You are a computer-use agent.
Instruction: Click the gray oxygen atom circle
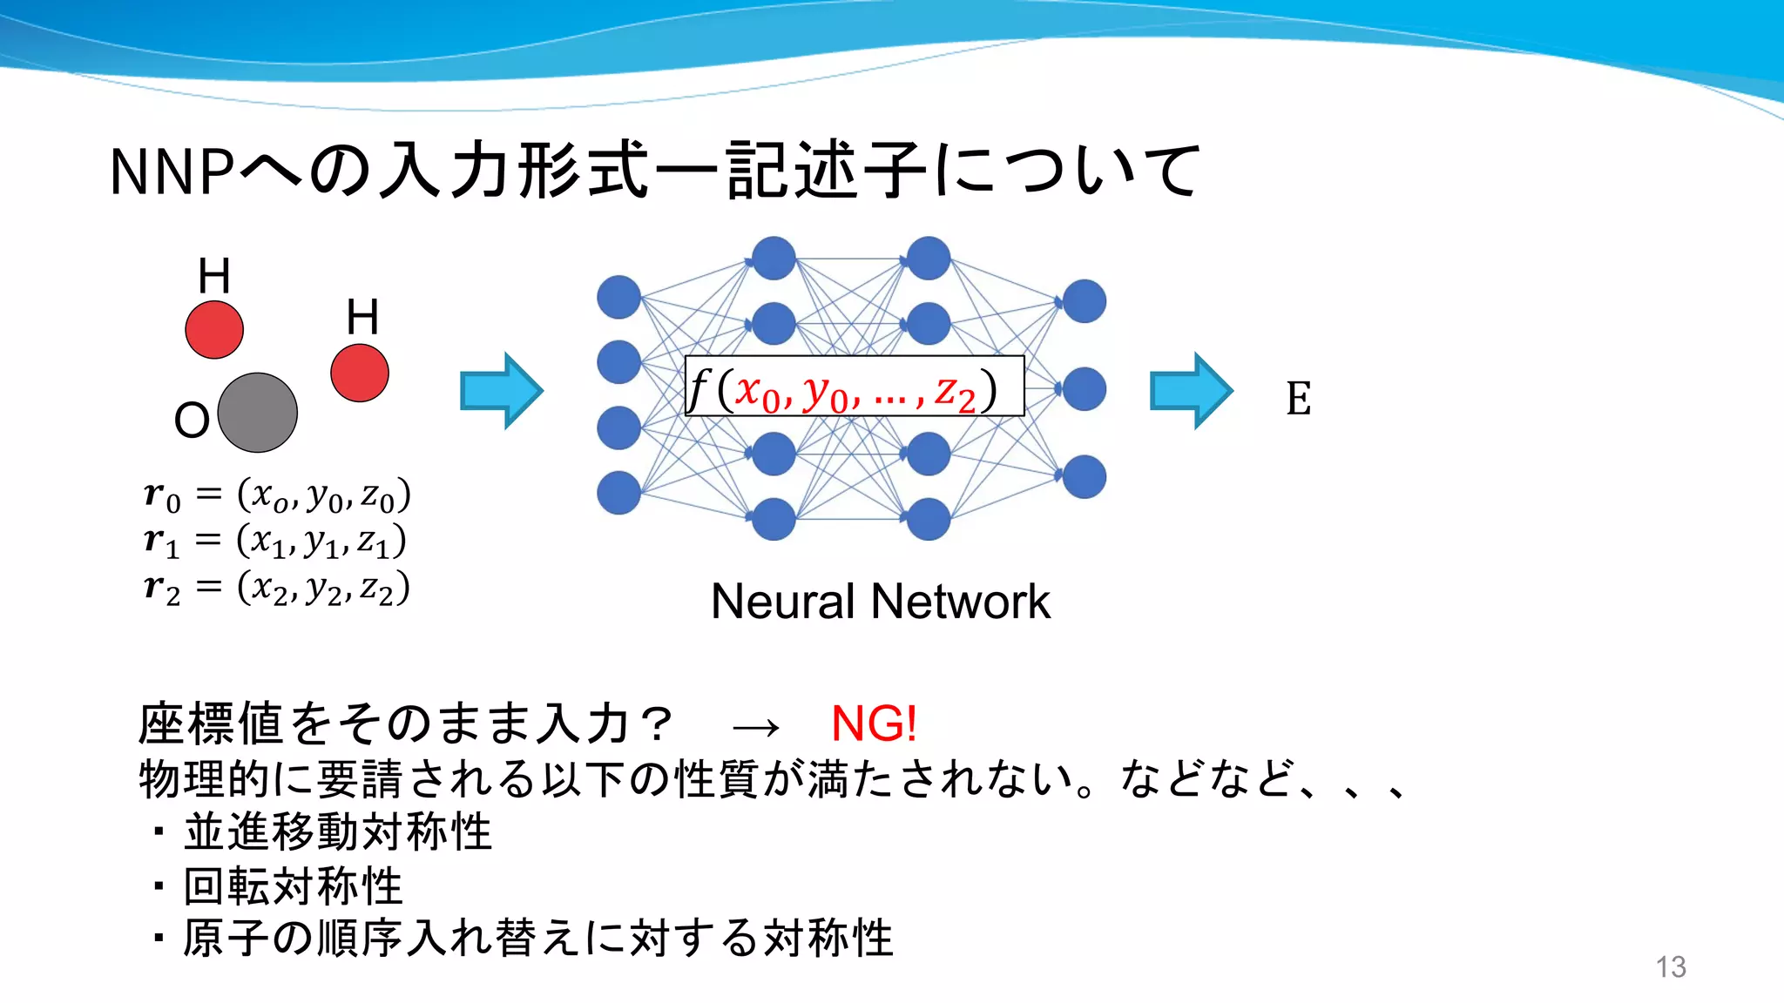[257, 413]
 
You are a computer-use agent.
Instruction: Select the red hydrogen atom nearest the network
[360, 373]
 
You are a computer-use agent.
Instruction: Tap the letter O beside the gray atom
[192, 421]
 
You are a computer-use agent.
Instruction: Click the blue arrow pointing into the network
[501, 391]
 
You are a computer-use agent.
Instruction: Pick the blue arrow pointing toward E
[1191, 391]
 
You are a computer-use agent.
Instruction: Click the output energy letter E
[1298, 399]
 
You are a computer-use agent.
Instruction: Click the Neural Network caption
[880, 602]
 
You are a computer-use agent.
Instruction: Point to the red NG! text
[874, 724]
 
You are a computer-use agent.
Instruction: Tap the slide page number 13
[1671, 966]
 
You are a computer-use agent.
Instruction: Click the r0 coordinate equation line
[277, 495]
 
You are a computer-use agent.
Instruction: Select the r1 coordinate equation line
[275, 542]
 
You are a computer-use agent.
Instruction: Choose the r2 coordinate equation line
[277, 589]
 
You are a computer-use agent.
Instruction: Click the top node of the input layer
[618, 297]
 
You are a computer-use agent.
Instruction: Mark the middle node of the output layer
[1085, 388]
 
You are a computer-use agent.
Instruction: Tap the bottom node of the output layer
[1085, 476]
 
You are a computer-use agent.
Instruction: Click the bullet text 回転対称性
[293, 886]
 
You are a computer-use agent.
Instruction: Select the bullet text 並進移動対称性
[338, 831]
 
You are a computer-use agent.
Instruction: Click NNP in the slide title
[172, 172]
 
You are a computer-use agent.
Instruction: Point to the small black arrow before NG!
[755, 727]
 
